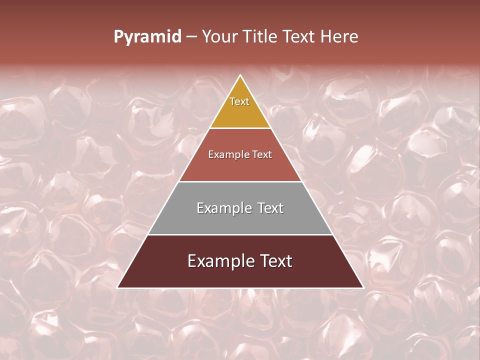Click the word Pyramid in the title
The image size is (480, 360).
pyautogui.click(x=147, y=37)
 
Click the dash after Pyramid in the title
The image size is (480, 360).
pyautogui.click(x=191, y=37)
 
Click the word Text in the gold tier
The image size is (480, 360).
pyautogui.click(x=239, y=101)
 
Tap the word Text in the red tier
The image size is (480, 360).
pyautogui.click(x=262, y=154)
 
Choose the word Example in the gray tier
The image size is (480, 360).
pyautogui.click(x=222, y=208)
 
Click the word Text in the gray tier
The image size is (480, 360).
pyautogui.click(x=268, y=208)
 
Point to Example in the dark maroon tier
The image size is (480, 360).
pyautogui.click(x=219, y=261)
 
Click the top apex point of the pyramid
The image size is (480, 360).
pyautogui.click(x=240, y=75)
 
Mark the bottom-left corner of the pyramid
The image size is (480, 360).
pyautogui.click(x=117, y=287)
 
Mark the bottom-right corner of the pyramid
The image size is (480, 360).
pyautogui.click(x=363, y=287)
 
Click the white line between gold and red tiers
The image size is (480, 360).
pyautogui.click(x=240, y=128)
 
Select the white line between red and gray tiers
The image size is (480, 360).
pyautogui.click(x=240, y=181)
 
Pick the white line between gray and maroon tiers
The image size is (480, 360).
pyautogui.click(x=240, y=234)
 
